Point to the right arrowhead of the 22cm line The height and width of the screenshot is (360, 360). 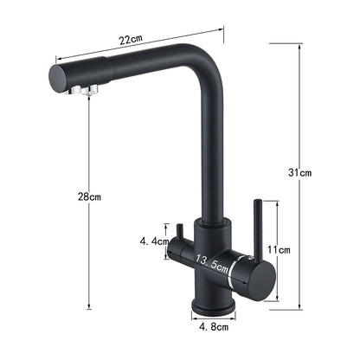(x=223, y=29)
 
